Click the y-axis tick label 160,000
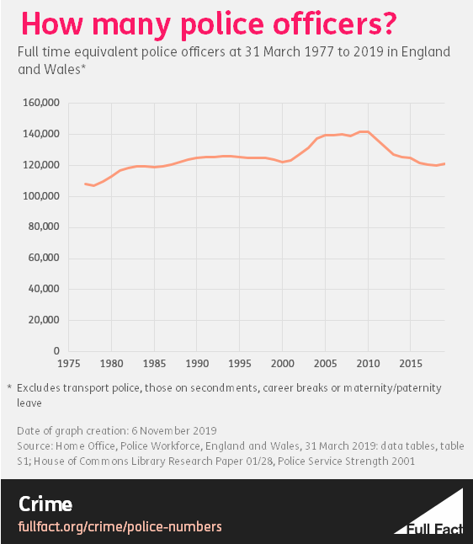click(x=39, y=103)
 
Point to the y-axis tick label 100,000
click(x=39, y=196)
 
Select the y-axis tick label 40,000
click(x=42, y=289)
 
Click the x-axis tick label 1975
click(x=68, y=366)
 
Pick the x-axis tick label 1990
click(x=196, y=366)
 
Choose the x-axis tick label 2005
click(x=325, y=366)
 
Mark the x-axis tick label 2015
click(x=410, y=366)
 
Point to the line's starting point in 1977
click(x=85, y=184)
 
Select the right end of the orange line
click(x=444, y=163)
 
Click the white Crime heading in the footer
click(x=45, y=504)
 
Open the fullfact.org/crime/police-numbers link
click(x=120, y=526)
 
